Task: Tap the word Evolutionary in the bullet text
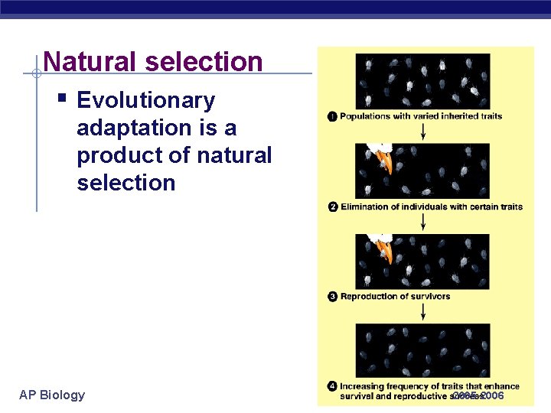(146, 100)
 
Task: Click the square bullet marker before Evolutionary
(60, 99)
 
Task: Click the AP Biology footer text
(52, 395)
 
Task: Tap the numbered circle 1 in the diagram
(332, 116)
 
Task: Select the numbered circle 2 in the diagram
(333, 207)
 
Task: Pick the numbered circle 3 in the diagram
(333, 297)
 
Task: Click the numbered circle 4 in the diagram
(333, 387)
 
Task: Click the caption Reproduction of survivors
(395, 297)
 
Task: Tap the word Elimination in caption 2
(366, 207)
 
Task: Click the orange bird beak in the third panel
(388, 252)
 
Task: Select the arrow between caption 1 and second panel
(423, 132)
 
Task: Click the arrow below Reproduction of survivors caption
(423, 312)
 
